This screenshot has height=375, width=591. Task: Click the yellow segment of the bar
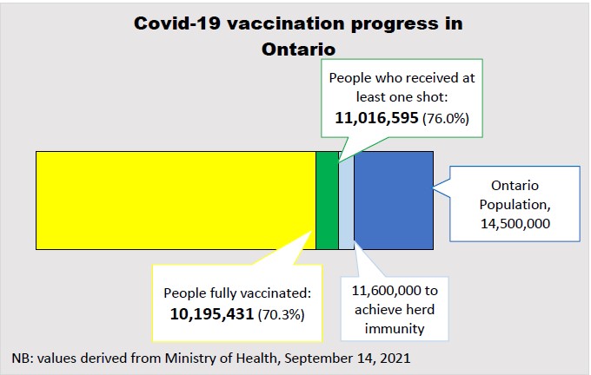point(175,201)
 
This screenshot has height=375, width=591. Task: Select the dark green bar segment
point(327,201)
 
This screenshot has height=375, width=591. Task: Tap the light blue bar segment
point(346,201)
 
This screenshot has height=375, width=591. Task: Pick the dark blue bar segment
point(393,201)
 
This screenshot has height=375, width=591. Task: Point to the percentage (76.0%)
point(445,117)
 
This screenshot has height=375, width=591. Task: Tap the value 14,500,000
point(515,223)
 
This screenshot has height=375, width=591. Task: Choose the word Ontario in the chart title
point(297,49)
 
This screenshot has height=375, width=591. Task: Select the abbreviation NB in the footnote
point(22,358)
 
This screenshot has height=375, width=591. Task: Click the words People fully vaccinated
point(237,292)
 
